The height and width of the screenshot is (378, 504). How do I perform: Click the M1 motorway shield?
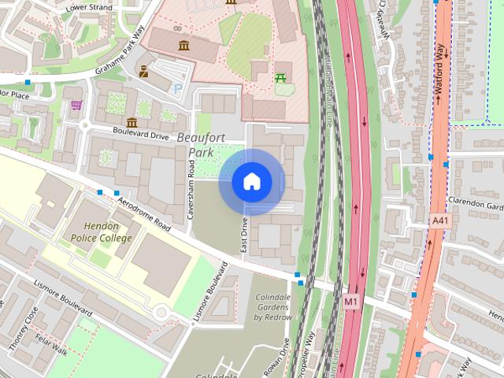coord(351,301)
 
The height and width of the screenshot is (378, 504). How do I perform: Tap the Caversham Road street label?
coord(191,187)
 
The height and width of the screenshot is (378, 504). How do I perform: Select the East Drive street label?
coord(244,235)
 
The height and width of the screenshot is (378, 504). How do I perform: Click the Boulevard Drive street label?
coord(140,135)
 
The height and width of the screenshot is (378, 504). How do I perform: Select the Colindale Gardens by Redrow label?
coord(272,307)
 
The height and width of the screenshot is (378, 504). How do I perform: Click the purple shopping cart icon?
coord(76,105)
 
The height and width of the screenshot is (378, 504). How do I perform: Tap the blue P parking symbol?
coord(177,88)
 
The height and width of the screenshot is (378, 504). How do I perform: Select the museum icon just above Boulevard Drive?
coord(131,123)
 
